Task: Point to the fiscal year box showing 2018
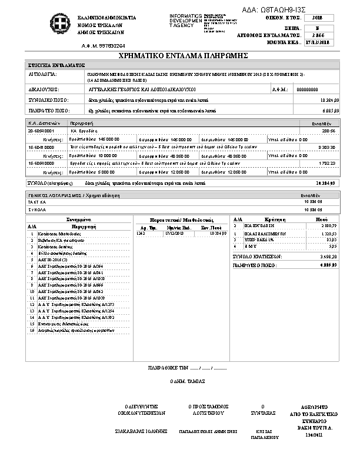tap(318, 19)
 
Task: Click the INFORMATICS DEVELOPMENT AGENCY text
tap(185, 20)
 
